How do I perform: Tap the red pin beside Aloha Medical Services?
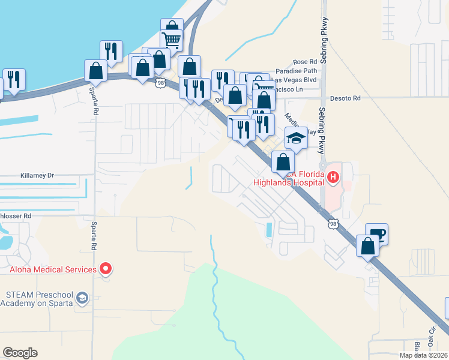[x=106, y=269]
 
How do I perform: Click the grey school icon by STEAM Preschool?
[x=82, y=298]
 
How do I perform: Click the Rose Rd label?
[x=304, y=62]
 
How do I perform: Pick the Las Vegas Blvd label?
[x=294, y=79]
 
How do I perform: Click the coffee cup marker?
[x=377, y=233]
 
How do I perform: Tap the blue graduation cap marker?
[x=295, y=138]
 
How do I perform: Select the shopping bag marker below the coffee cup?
[x=367, y=245]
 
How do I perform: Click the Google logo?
[x=20, y=353]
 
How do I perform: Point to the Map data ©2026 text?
[x=423, y=355]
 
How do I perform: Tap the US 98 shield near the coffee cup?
[x=333, y=224]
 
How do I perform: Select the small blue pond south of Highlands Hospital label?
[x=268, y=229]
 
